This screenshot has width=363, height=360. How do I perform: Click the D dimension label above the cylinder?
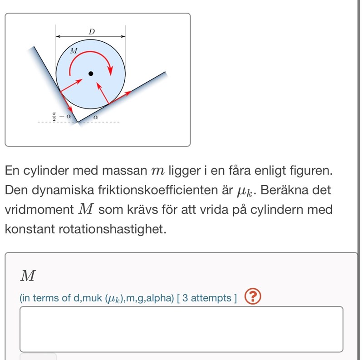[x=92, y=32]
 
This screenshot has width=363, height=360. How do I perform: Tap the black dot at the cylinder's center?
[x=91, y=73]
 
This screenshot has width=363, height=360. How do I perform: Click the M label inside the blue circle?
[x=74, y=50]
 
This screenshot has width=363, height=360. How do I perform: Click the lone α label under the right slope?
[x=95, y=117]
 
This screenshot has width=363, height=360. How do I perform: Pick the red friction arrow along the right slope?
[x=120, y=97]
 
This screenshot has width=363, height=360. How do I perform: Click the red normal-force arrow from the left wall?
[x=72, y=85]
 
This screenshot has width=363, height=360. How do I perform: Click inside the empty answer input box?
[x=181, y=329]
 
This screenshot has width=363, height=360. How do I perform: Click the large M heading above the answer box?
[x=28, y=275]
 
